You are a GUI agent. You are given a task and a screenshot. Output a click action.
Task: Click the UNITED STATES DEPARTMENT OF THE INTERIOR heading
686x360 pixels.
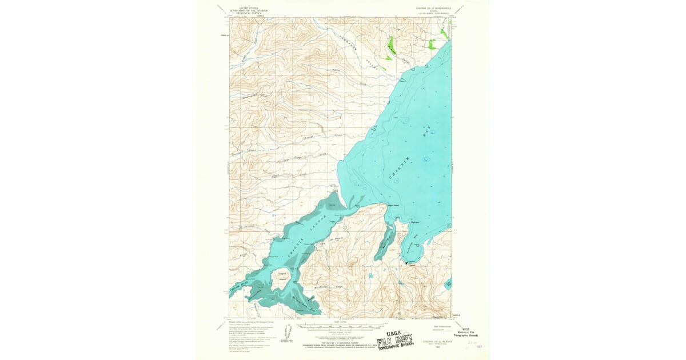[248, 10]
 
